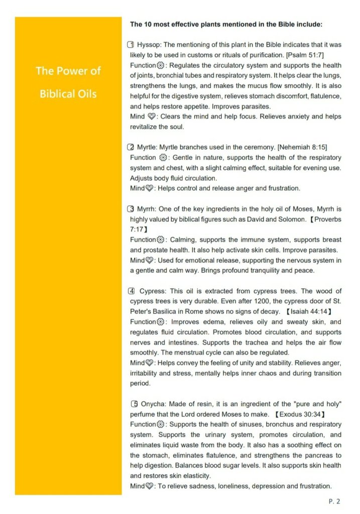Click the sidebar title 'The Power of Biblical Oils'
[x=68, y=82]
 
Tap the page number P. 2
[x=334, y=501]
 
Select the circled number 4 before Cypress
[x=132, y=291]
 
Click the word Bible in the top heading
[x=274, y=24]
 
